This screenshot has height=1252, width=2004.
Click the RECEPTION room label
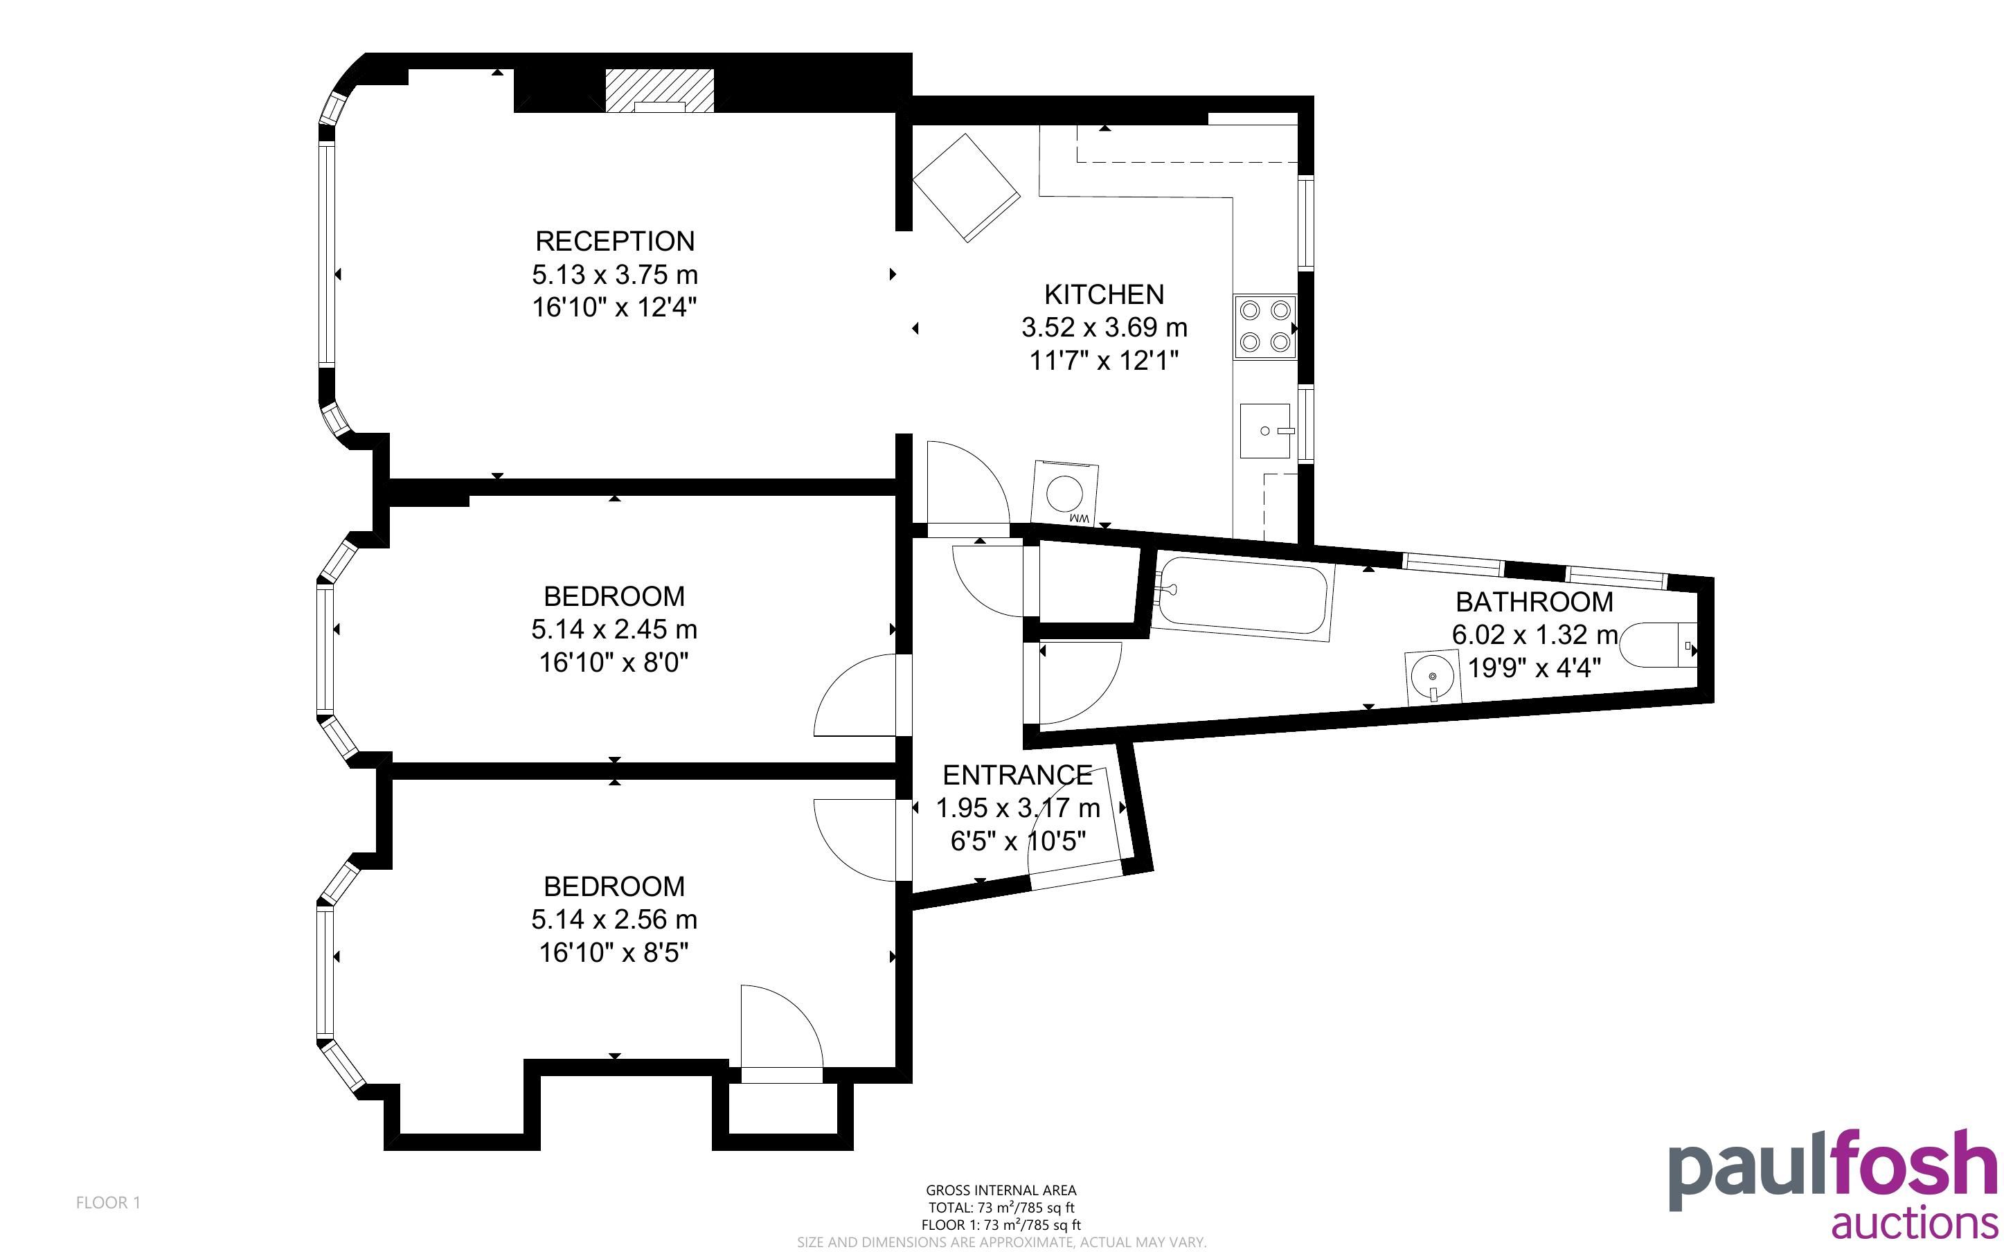(x=614, y=241)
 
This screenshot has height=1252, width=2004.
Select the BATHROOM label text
(x=1534, y=601)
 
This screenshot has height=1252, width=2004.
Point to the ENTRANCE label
(x=1017, y=775)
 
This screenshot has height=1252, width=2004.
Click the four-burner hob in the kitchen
(x=1265, y=326)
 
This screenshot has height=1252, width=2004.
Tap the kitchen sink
(x=1265, y=431)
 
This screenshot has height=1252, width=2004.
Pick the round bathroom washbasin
(x=1431, y=677)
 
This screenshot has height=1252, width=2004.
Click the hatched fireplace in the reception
(x=659, y=90)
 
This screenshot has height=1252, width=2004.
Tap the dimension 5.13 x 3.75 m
(x=614, y=274)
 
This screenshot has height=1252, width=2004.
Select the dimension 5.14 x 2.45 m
(x=614, y=629)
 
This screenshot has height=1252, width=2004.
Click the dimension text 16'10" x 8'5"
(x=614, y=953)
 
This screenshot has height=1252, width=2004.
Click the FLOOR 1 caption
(x=109, y=1202)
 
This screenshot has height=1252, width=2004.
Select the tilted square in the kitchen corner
(x=966, y=188)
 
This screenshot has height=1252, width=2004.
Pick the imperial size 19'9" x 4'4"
(x=1534, y=668)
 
